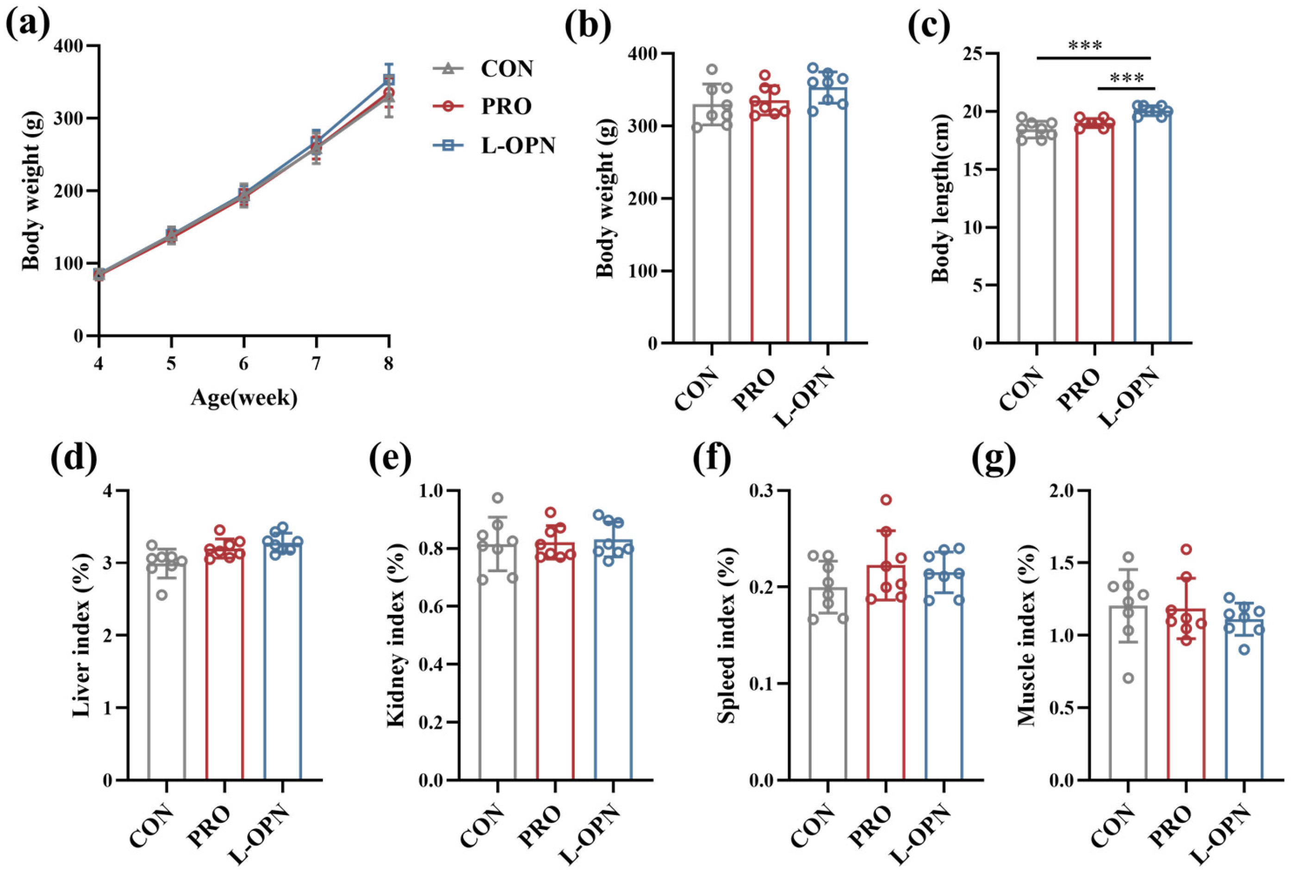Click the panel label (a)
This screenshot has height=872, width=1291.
coord(27,25)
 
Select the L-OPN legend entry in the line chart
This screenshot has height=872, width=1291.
coord(494,146)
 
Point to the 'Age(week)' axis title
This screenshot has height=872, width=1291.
coord(244,398)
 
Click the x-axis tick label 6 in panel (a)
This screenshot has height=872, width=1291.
coord(244,365)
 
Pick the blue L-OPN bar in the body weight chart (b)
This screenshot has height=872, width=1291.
coord(828,215)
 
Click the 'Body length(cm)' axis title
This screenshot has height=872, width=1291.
coord(941,199)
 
